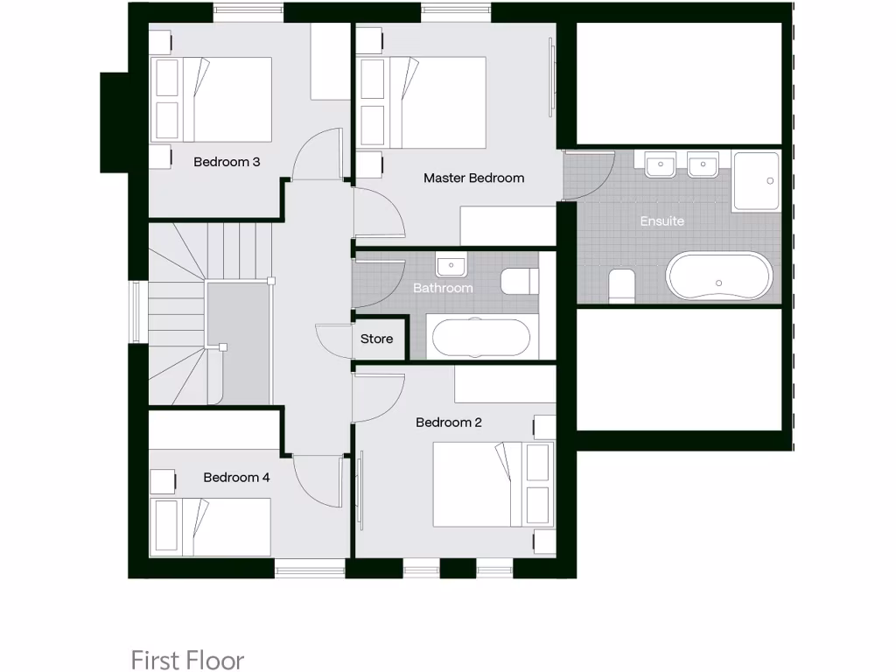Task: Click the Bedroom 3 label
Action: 227,162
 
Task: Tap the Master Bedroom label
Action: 473,178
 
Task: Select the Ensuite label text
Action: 661,220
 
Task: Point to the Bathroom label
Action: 443,287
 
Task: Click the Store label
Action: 377,339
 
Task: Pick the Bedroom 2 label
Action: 449,423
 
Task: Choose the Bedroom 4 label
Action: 236,477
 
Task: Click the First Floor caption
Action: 187,659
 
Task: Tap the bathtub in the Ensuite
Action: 719,276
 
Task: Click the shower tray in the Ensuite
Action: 757,181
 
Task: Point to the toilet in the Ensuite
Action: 621,286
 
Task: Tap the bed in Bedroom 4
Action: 212,526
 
